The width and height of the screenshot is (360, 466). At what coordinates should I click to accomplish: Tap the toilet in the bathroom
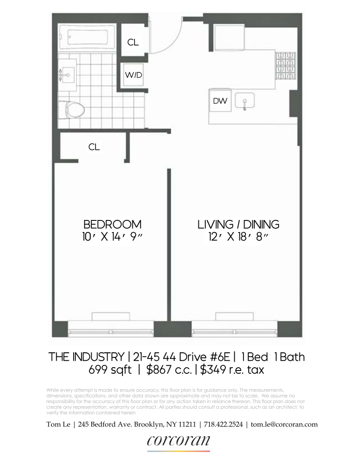pos(74,110)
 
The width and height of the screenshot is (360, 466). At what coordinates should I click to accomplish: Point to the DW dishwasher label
pos(220,101)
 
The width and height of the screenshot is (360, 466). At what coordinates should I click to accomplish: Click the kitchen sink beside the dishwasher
pos(243,101)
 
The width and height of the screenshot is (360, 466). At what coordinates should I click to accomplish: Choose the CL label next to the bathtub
pos(133,42)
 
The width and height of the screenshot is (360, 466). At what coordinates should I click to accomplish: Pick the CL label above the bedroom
pos(94,147)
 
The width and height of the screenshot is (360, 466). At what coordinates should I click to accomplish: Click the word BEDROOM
pos(112,224)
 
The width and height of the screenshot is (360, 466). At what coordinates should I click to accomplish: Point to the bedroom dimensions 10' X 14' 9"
pos(112,237)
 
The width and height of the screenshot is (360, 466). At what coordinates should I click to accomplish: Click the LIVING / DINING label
pos(238,224)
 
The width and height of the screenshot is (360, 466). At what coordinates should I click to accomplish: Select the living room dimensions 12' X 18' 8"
pos(238,237)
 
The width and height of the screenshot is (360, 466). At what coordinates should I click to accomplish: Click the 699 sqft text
pos(110,370)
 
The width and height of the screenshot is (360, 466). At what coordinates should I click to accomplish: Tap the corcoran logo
pos(178,441)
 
